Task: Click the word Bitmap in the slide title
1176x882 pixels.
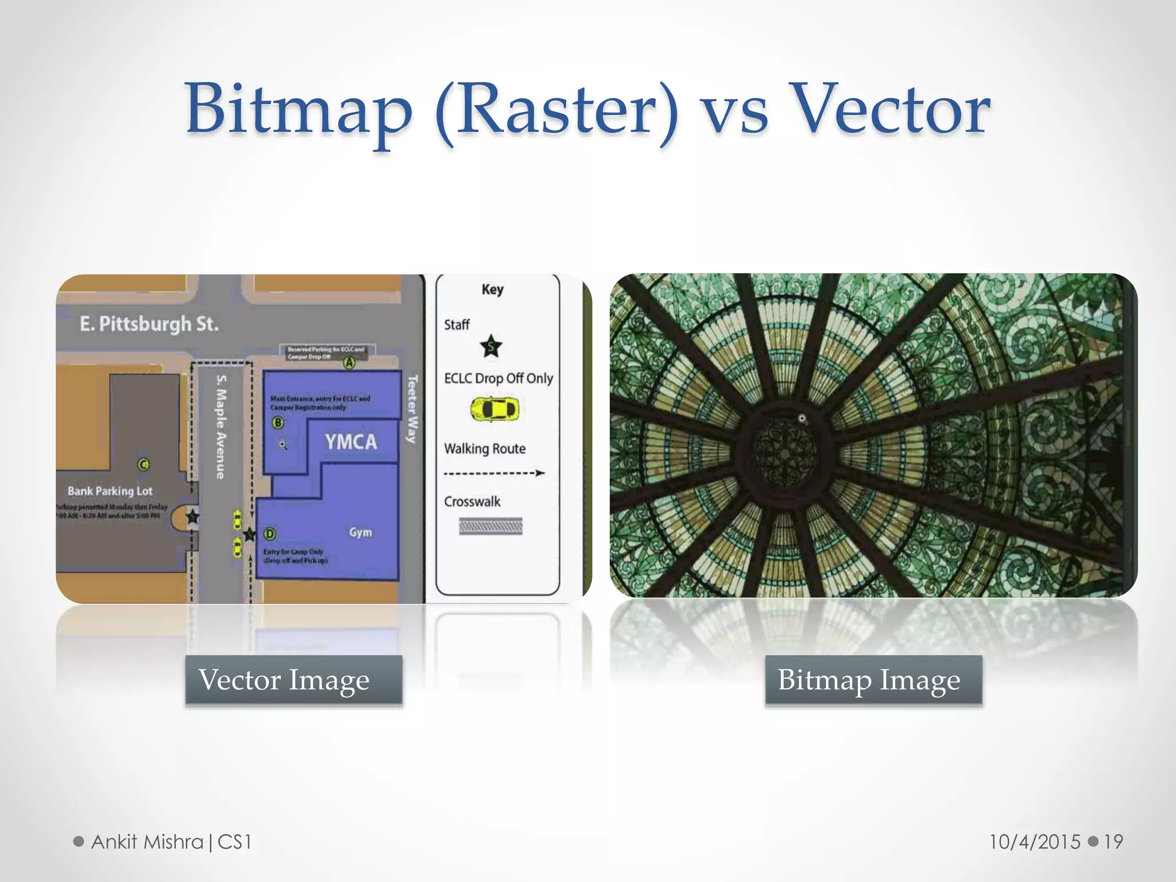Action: (299, 109)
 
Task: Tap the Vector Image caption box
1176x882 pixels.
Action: (293, 680)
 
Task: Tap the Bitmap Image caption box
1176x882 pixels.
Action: (873, 680)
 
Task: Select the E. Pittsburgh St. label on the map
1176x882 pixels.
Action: (149, 324)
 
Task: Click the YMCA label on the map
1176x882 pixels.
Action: (351, 442)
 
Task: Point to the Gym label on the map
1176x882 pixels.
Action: (360, 532)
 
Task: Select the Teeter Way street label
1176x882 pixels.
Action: (412, 409)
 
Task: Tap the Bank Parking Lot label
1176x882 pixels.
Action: (110, 491)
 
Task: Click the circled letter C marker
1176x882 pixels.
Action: (144, 464)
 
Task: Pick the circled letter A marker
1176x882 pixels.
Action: (349, 363)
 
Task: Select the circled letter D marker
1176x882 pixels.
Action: (269, 534)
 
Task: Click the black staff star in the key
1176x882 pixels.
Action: (491, 346)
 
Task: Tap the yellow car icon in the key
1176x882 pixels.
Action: (494, 409)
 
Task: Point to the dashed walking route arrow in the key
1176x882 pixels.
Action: (494, 473)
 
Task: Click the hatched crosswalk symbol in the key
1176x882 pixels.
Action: (490, 526)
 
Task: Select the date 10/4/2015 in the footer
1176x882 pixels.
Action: (1035, 842)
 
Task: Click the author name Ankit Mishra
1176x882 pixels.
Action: (148, 842)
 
